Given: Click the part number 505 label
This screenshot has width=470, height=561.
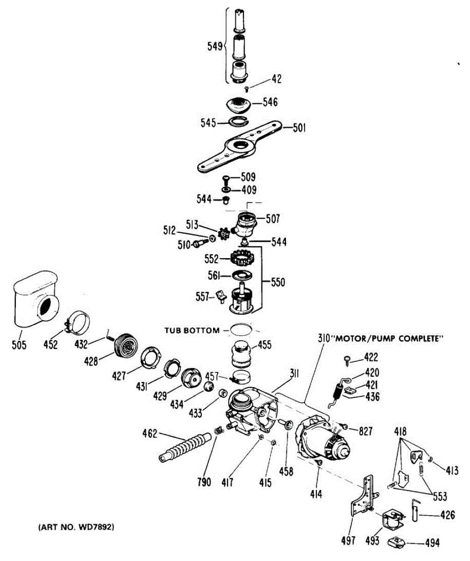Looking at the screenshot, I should click(20, 345).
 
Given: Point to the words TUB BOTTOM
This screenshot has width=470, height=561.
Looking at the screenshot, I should click(191, 330).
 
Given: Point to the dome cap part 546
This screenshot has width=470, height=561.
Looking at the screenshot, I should click(239, 105).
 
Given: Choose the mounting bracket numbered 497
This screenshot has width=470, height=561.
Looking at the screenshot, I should click(364, 496).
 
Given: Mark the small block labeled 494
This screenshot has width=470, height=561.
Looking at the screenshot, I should click(397, 542).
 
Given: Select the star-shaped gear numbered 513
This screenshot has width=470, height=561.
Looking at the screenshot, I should click(223, 232).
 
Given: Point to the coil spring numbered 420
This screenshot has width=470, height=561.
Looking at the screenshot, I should click(339, 390).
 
